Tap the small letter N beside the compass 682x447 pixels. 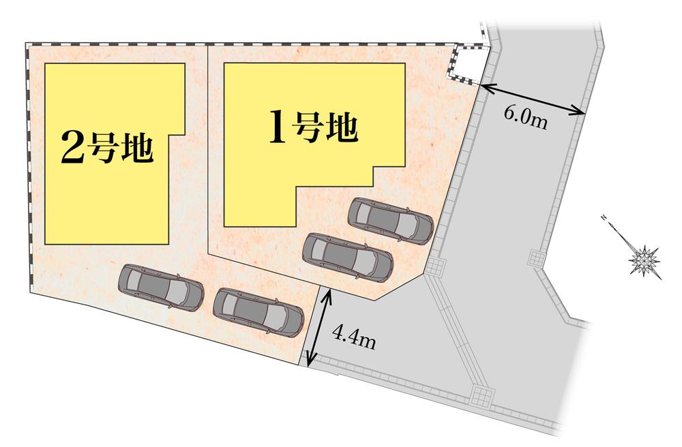tap(604, 219)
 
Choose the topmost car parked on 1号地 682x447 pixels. tap(390, 219)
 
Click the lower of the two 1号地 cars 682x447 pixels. tap(348, 256)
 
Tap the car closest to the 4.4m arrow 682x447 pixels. tap(258, 311)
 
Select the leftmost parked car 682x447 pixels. tap(162, 287)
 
